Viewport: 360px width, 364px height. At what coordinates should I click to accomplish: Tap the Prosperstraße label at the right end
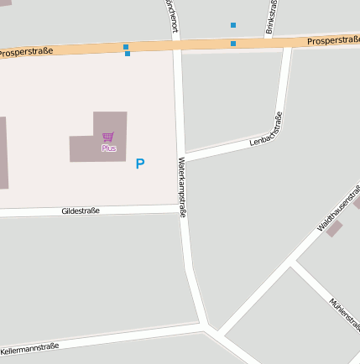[x=333, y=39]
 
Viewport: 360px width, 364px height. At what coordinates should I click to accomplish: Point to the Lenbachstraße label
[x=267, y=130]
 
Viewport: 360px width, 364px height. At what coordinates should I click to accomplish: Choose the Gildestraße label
[x=81, y=211]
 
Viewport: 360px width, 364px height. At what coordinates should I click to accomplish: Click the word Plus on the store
[x=109, y=148]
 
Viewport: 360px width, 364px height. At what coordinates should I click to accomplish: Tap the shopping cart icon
[x=107, y=137]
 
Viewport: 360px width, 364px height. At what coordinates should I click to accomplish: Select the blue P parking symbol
[x=139, y=164]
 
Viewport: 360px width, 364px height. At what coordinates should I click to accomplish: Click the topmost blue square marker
[x=233, y=25]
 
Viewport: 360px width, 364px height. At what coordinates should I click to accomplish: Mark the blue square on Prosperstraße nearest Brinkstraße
[x=233, y=43]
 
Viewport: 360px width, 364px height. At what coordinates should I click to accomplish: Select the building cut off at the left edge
[x=3, y=151]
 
